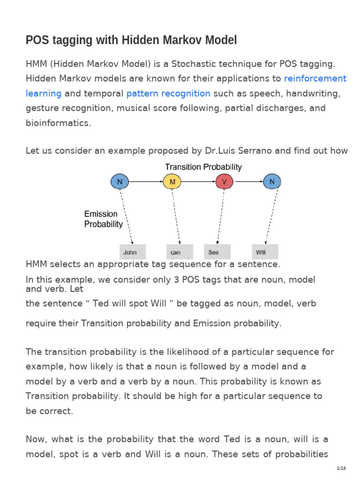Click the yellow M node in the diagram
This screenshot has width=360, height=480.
tap(171, 181)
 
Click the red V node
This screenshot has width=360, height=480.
tap(224, 181)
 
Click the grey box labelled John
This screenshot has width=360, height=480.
tap(132, 252)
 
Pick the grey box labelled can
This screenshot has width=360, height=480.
tap(180, 252)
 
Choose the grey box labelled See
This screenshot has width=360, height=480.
tap(217, 252)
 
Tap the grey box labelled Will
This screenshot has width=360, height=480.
tap(265, 252)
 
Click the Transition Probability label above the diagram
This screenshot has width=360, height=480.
tap(203, 167)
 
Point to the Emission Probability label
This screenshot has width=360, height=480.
tap(103, 219)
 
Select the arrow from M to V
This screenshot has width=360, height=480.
tap(197, 181)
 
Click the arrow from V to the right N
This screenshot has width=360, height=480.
tap(247, 181)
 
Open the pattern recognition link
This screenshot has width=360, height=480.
tap(168, 93)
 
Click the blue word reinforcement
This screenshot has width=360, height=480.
tap(315, 78)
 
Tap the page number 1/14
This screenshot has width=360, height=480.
tap(341, 469)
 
